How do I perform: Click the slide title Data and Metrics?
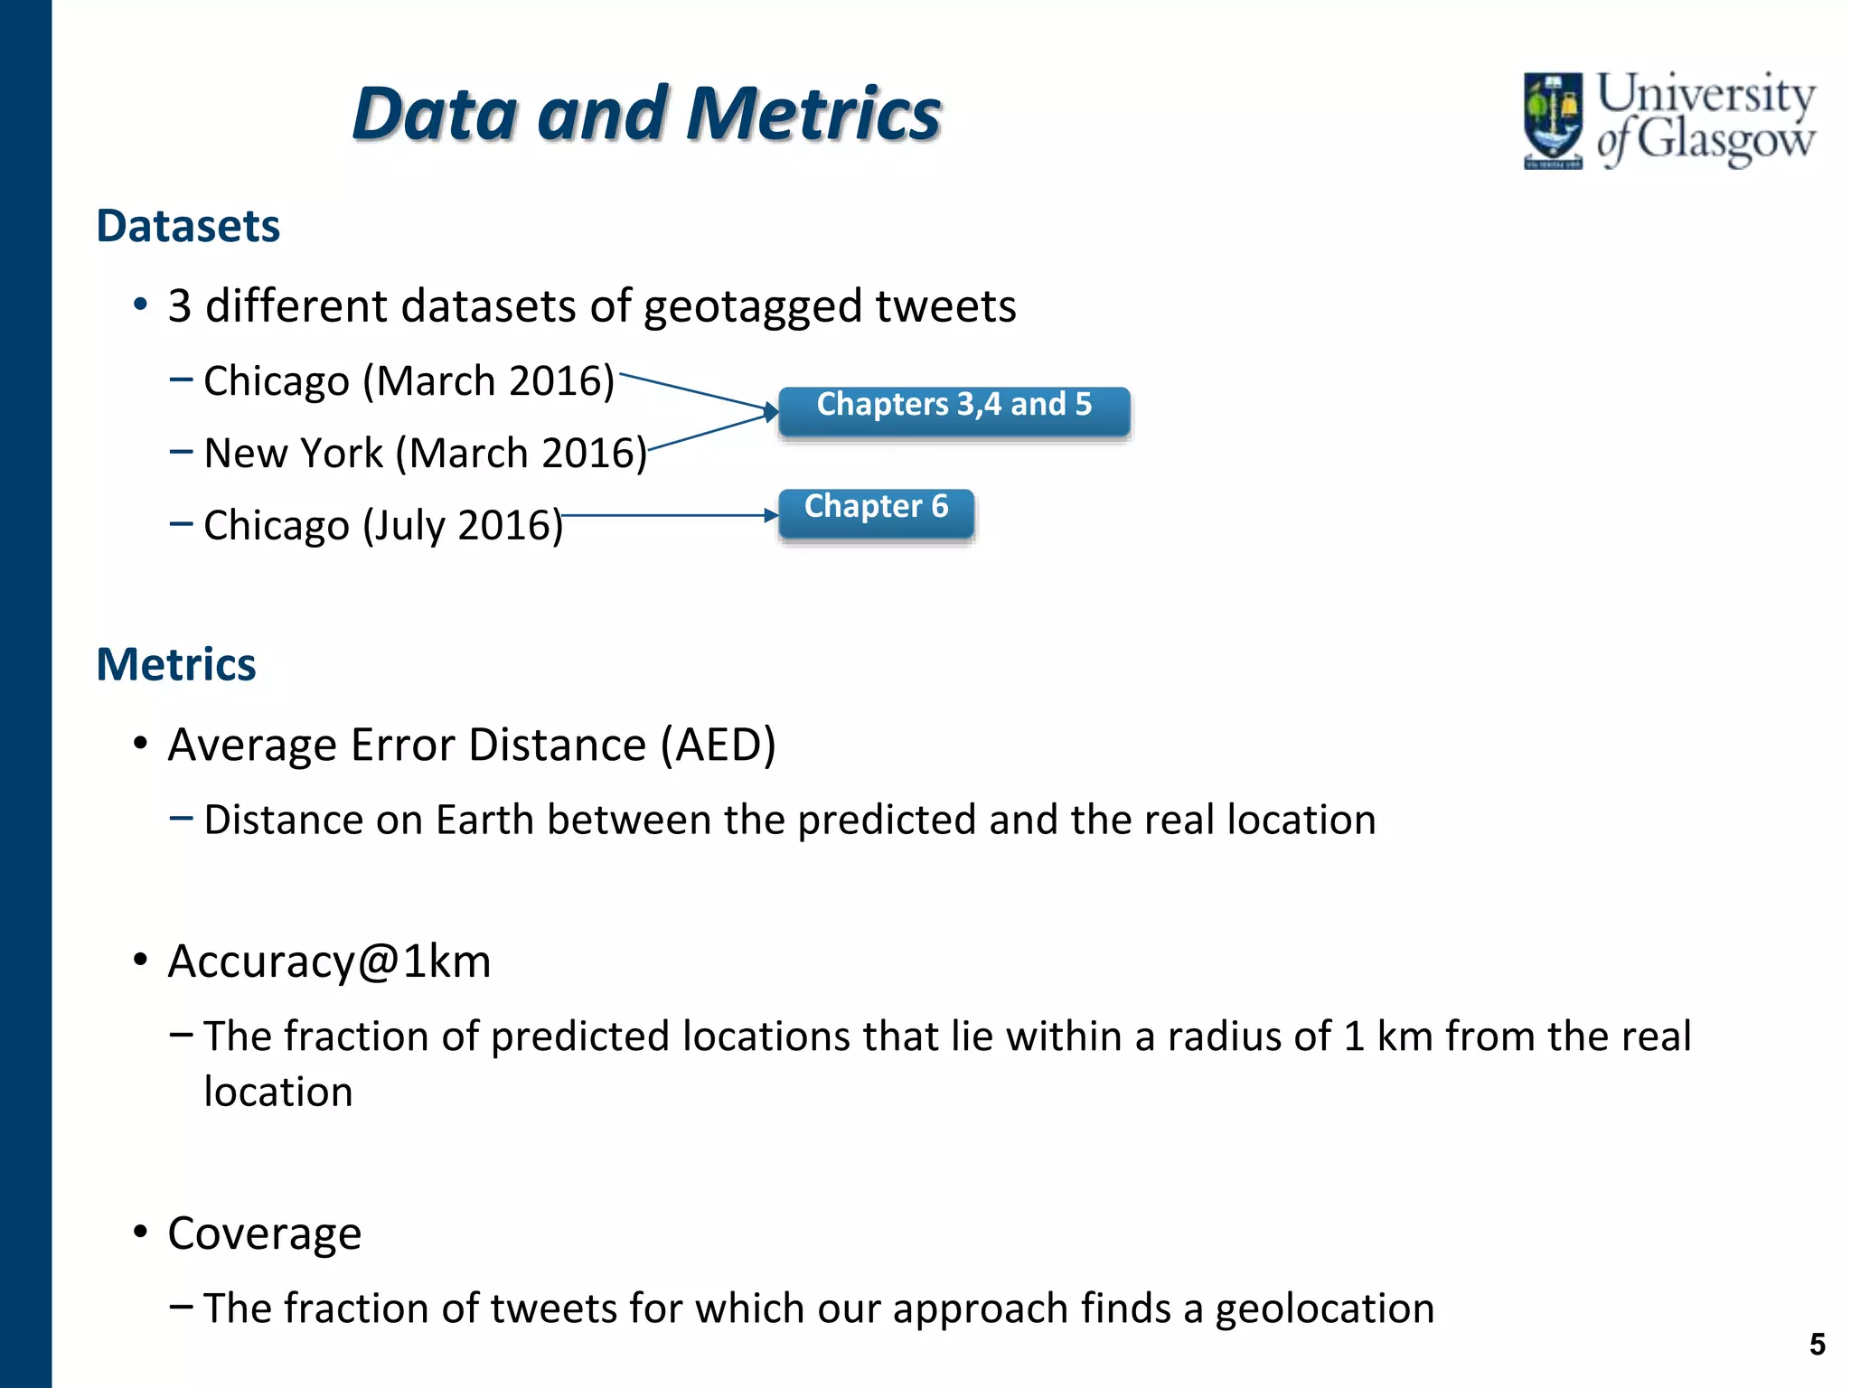[x=646, y=114]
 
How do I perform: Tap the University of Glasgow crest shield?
[x=1553, y=119]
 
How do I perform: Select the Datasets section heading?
[x=188, y=226]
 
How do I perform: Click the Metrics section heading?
[x=176, y=664]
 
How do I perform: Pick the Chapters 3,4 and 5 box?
[x=954, y=411]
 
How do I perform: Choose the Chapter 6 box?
[x=876, y=512]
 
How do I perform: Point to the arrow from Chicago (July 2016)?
[x=669, y=516]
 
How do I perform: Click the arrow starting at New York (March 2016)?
[x=709, y=432]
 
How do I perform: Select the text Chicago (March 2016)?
[x=409, y=380]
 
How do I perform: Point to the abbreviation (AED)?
[x=718, y=746]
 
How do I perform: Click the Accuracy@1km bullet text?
[x=329, y=961]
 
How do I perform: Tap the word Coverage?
[x=264, y=1233]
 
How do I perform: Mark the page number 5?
[x=1817, y=1345]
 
